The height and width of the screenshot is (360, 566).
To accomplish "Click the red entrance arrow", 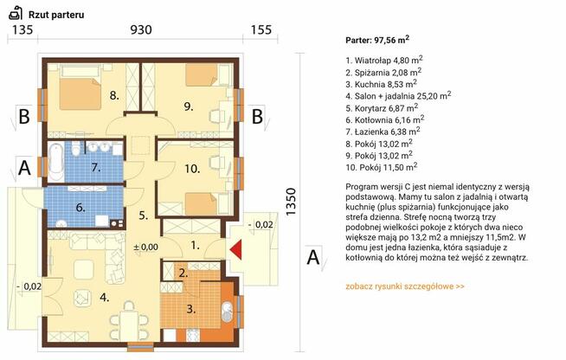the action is [x=236, y=250].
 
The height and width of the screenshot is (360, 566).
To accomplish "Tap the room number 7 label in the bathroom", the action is [x=96, y=168].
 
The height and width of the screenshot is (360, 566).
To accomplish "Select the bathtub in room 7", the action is [x=56, y=162].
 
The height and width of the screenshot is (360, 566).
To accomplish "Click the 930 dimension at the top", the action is [x=141, y=29].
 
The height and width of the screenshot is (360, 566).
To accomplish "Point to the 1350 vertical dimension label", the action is [x=291, y=202].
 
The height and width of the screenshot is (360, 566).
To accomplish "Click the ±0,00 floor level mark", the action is [x=146, y=247].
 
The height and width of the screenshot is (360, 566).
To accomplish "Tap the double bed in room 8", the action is [x=80, y=89].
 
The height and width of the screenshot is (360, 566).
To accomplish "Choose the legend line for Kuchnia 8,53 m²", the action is [x=381, y=84].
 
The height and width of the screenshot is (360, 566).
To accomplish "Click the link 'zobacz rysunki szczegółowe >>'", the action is [x=405, y=286].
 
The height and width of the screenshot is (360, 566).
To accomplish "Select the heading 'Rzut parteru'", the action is [x=56, y=15].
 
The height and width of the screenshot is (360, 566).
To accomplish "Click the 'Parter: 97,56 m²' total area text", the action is [x=377, y=40].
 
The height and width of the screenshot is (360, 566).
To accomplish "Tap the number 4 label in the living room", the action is [x=105, y=298].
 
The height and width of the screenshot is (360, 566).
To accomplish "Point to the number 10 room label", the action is [x=192, y=169].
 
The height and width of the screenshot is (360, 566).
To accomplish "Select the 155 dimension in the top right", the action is [x=261, y=29].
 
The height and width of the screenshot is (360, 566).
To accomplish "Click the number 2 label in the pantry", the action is [x=183, y=273].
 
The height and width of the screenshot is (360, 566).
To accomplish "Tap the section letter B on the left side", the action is [x=24, y=116].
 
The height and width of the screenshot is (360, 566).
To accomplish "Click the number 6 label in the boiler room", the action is [x=80, y=208].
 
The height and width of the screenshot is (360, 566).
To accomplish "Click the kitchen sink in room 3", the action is [x=227, y=312].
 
